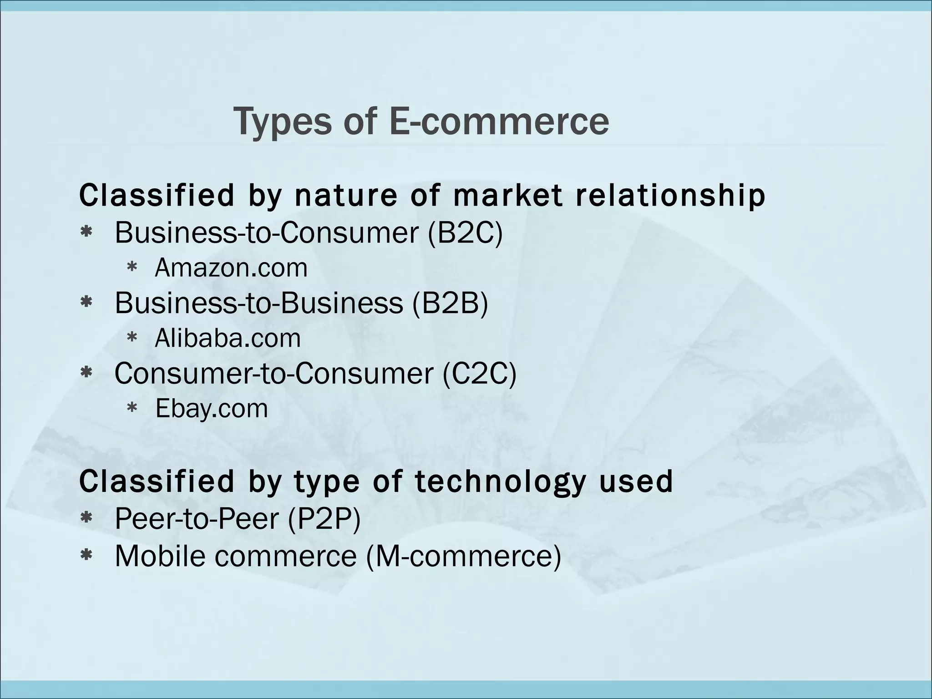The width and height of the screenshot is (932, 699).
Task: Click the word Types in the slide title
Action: [x=282, y=122]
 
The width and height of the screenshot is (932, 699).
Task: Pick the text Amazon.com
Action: [x=231, y=268]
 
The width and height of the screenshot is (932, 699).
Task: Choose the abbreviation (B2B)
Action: [x=450, y=303]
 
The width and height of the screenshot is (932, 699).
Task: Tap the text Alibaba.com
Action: [x=228, y=338]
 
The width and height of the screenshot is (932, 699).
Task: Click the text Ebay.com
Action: [x=212, y=408]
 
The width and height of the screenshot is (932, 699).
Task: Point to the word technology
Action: [x=499, y=481]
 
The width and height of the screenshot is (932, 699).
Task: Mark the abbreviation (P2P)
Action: [x=324, y=518]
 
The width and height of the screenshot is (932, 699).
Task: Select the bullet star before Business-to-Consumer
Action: [x=86, y=233]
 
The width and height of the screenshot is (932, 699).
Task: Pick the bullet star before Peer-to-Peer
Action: [x=86, y=518]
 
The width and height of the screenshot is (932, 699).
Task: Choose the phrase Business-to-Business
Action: [x=258, y=303]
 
